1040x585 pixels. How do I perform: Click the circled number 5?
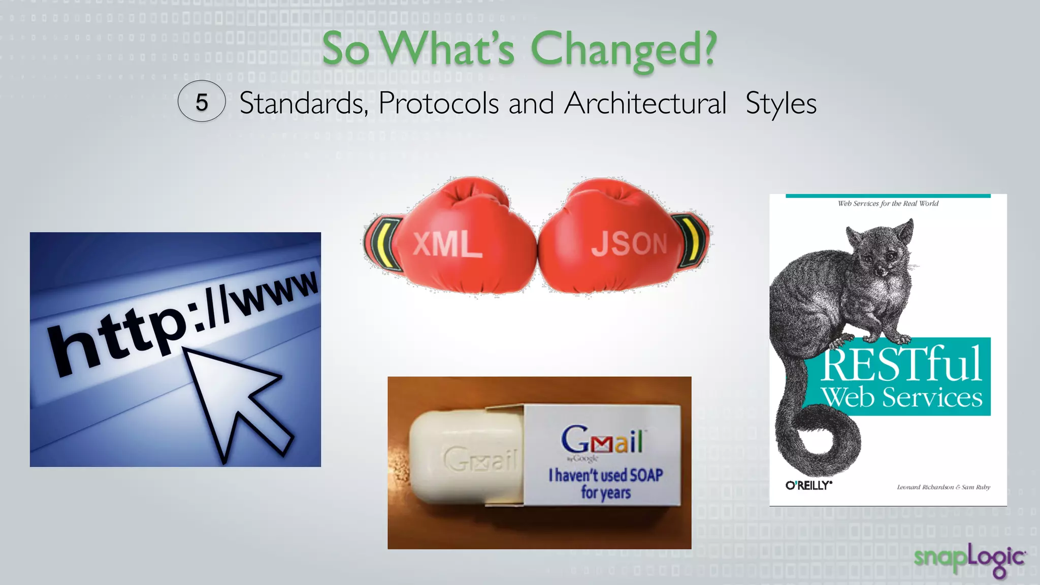point(202,102)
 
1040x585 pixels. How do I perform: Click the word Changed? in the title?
point(624,50)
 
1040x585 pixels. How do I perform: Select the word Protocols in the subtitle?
point(439,103)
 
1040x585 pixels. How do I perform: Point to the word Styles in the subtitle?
point(781,103)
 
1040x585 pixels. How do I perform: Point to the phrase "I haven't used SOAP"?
point(606,475)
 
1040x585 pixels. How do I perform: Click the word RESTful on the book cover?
point(901,364)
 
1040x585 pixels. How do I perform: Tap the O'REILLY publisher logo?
point(808,485)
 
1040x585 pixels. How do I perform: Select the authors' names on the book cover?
point(944,487)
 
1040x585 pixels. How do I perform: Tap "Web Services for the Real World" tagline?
point(888,204)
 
